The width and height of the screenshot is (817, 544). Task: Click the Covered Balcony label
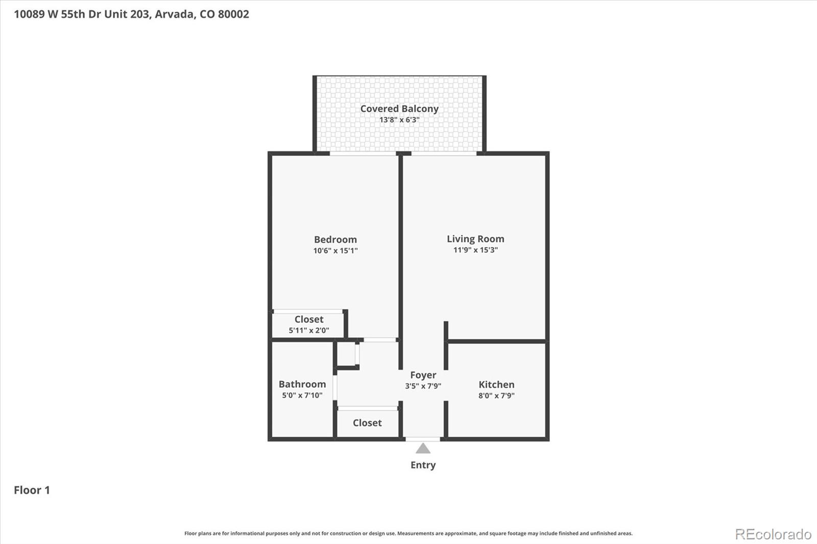coord(399,109)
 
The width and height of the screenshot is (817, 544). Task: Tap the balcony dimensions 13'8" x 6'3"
coord(399,120)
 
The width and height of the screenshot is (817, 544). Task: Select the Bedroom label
coord(335,239)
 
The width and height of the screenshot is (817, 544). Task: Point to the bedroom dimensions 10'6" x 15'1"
coord(335,251)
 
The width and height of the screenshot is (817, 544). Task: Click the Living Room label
coord(475,239)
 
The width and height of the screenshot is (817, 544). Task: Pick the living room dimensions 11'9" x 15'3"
coord(475,250)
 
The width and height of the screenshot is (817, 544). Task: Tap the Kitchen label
coord(496,384)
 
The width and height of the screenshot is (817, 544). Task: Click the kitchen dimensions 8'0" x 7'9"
coord(496,395)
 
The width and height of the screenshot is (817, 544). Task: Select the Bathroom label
coord(302,384)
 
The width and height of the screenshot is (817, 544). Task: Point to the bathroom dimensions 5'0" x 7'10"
coord(302,395)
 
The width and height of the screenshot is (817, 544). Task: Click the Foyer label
coord(423,375)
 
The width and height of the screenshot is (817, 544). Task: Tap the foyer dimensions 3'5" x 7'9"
coord(423,386)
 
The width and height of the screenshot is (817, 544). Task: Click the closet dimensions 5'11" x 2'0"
coord(308,330)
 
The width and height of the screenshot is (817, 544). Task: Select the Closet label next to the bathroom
coord(367,423)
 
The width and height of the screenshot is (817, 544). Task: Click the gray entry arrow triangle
coord(423,449)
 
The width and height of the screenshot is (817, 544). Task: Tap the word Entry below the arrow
coord(423,465)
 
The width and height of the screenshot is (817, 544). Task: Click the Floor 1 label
coord(32,490)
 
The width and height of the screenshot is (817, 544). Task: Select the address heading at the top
coord(131,14)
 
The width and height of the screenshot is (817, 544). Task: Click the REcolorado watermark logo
coord(773,534)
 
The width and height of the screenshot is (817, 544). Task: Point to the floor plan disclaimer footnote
coord(408,533)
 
